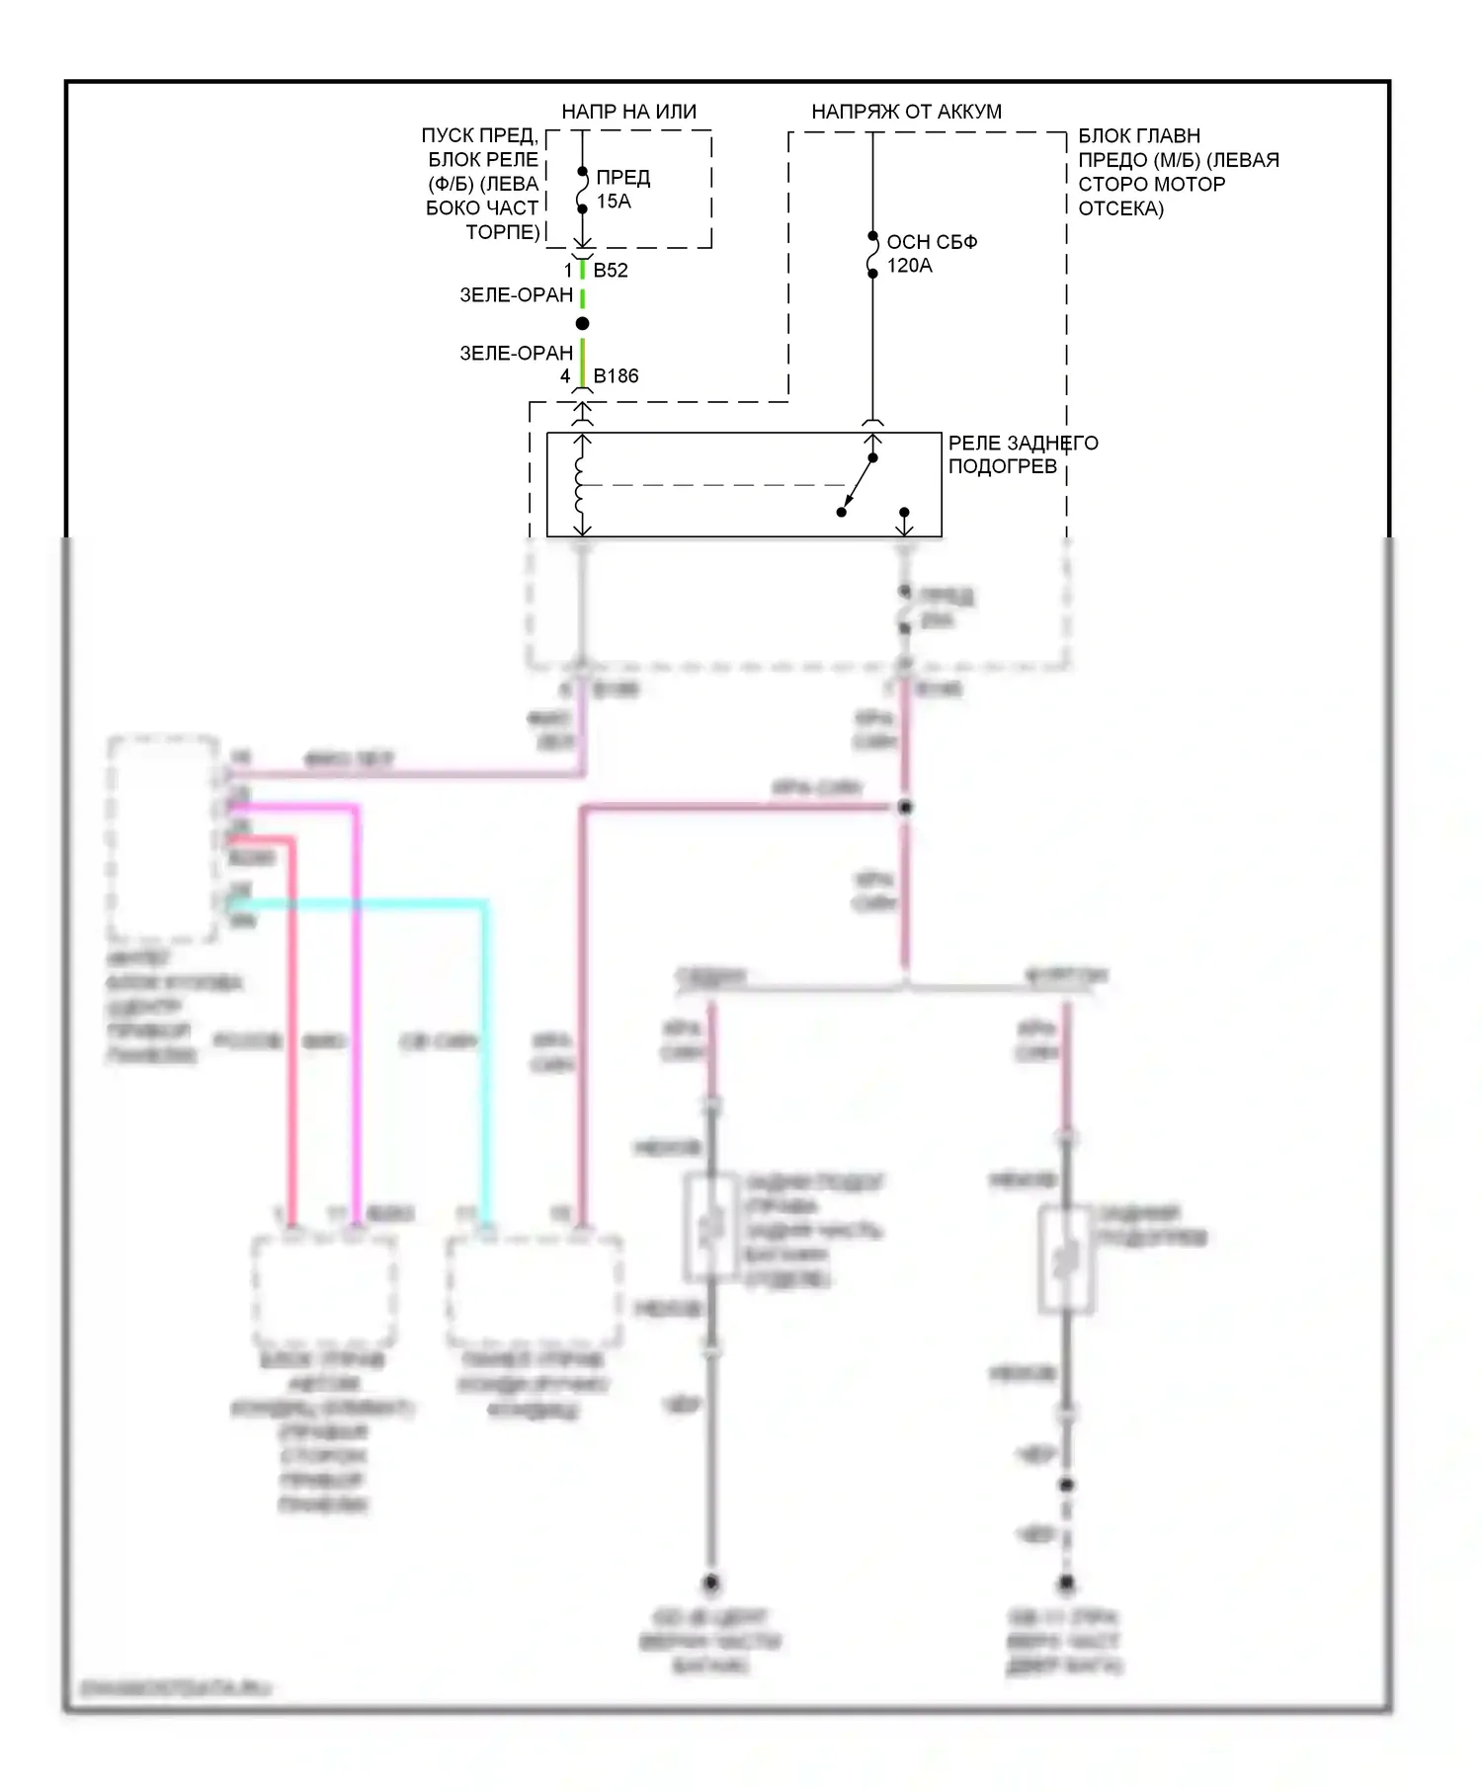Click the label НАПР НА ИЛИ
point(628,112)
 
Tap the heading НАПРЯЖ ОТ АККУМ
point(906,112)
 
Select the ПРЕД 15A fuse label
point(622,189)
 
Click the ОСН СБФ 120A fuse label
point(931,253)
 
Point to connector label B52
point(611,270)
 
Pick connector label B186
point(616,375)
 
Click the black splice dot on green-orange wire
point(582,324)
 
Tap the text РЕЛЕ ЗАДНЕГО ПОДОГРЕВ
point(1022,454)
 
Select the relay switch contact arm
point(858,485)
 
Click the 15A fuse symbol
point(582,190)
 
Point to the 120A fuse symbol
point(872,255)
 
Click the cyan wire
point(484,1037)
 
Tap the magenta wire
point(357,988)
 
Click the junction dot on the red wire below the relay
point(904,807)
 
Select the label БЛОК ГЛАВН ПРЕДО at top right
point(1177,172)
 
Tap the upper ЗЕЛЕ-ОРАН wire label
point(516,294)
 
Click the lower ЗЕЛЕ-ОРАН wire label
point(516,353)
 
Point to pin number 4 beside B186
point(565,375)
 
